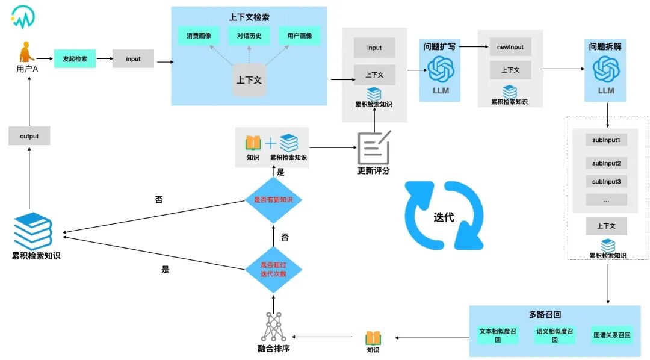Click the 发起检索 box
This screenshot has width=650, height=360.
click(75, 58)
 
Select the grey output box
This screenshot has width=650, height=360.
click(29, 136)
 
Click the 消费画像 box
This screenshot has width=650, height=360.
click(199, 36)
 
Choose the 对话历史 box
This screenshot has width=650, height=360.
click(249, 36)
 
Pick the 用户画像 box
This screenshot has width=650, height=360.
click(300, 36)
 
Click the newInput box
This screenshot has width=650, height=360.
click(510, 47)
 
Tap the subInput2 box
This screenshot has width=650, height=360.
click(606, 163)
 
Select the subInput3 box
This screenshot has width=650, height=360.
click(606, 181)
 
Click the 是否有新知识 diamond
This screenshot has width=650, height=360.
click(273, 200)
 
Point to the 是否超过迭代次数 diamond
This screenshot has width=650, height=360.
click(273, 269)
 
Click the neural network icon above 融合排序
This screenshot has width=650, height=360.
click(274, 327)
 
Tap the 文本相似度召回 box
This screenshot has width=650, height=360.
click(498, 335)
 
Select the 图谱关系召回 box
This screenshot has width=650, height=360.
click(611, 335)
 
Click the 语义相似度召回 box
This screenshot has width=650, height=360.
click(554, 335)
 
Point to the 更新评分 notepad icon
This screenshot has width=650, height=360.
click(374, 147)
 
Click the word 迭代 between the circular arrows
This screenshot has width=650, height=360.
click(444, 217)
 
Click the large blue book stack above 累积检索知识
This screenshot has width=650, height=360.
click(33, 231)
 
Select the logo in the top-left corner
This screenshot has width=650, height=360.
click(23, 17)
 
